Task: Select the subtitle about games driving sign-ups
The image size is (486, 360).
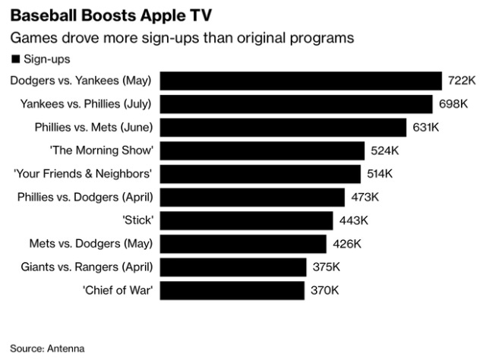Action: point(182,37)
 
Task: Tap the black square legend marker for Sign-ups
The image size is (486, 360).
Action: point(14,58)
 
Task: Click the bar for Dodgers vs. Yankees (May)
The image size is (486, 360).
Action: point(301,81)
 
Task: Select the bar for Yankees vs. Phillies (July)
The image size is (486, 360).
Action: point(296,104)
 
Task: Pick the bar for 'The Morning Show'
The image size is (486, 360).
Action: point(263,150)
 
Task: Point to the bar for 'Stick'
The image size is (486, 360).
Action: point(247,220)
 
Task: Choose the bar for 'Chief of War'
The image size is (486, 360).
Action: point(232,290)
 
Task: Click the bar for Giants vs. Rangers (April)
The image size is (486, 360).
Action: point(233,267)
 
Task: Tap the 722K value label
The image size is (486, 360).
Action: point(462,81)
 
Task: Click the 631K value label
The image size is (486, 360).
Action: point(425,127)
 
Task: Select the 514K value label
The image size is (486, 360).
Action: point(379,174)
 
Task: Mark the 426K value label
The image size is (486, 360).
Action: point(347,244)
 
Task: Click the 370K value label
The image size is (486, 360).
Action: point(324,290)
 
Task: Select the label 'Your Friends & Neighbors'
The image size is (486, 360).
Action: point(84,174)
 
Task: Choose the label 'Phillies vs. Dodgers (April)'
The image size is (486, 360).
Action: point(85,197)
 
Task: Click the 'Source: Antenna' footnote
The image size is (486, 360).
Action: point(47,349)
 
